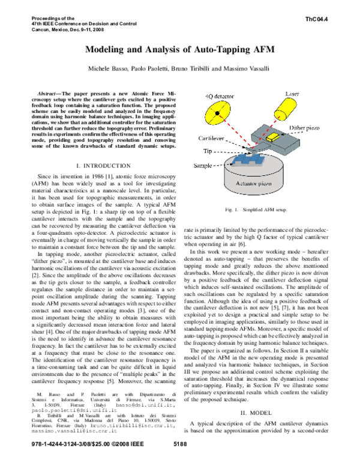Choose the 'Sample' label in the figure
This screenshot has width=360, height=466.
tap(210, 164)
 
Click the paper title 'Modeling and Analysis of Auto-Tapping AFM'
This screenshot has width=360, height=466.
tap(180, 50)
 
